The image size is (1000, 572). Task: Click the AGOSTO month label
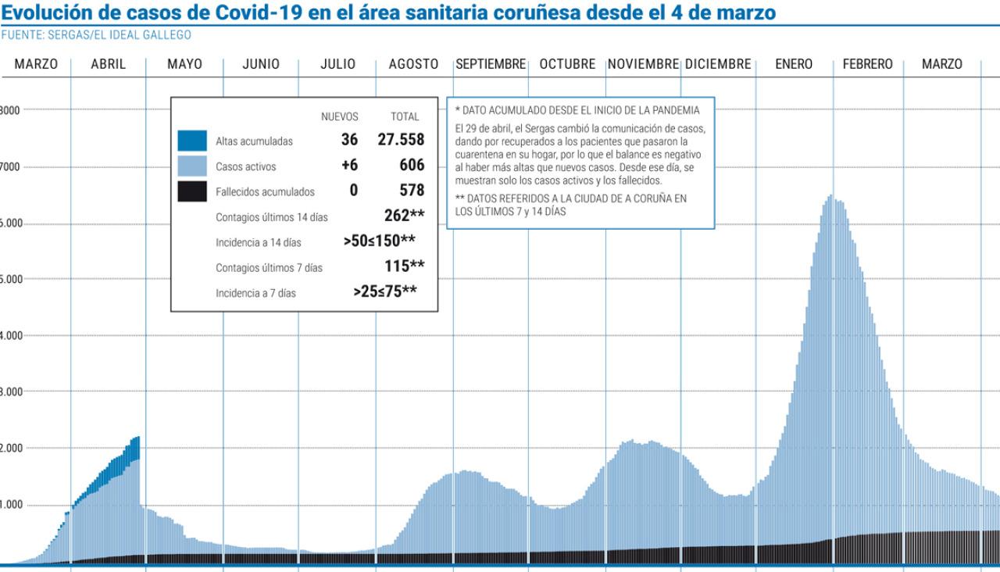pyautogui.click(x=413, y=65)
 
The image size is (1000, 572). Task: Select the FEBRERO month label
pyautogui.click(x=867, y=65)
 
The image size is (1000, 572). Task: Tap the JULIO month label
pyautogui.click(x=337, y=65)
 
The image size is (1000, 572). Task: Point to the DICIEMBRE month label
pyautogui.click(x=718, y=65)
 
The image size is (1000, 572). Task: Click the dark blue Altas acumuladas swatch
pyautogui.click(x=192, y=141)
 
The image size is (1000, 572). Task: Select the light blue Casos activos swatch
pyautogui.click(x=192, y=166)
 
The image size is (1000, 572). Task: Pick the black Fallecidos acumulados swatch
pyautogui.click(x=192, y=191)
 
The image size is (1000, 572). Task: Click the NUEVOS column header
pyautogui.click(x=340, y=117)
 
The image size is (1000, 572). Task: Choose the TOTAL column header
pyautogui.click(x=405, y=117)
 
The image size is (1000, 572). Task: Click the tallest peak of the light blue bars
pyautogui.click(x=830, y=198)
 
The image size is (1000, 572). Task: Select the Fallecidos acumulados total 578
pyautogui.click(x=410, y=191)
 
